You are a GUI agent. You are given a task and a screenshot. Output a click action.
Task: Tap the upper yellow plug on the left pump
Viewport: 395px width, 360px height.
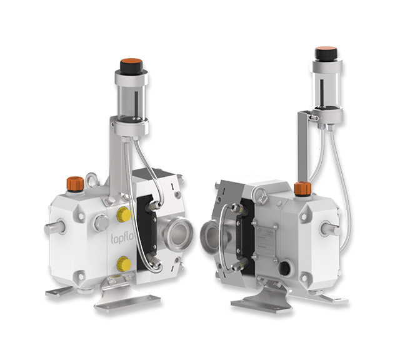click(x=124, y=215)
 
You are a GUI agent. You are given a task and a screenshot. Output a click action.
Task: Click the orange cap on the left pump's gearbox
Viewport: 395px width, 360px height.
click(x=76, y=184)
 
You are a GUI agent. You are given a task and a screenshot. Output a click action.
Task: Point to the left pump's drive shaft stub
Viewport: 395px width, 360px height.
click(x=54, y=227)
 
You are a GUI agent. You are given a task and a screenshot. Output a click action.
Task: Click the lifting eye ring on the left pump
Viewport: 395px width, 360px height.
click(x=93, y=180)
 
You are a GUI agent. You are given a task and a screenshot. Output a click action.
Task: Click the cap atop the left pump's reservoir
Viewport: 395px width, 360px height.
click(x=131, y=64)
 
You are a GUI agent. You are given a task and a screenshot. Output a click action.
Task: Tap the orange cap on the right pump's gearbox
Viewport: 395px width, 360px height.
click(x=302, y=188)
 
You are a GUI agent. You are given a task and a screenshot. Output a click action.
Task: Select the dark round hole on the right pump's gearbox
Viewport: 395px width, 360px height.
click(x=284, y=269)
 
